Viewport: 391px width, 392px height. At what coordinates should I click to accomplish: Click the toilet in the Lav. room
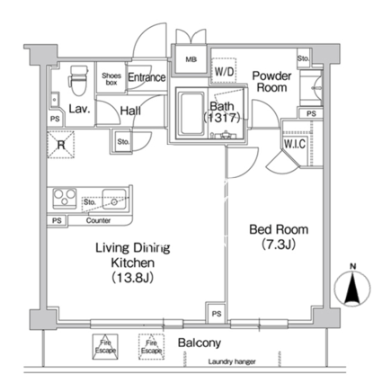coord(79,80)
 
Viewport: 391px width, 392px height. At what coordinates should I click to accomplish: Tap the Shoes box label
coord(111,79)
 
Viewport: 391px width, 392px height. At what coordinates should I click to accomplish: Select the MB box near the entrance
coord(191,59)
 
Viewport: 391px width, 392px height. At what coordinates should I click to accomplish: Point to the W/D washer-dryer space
coord(224,71)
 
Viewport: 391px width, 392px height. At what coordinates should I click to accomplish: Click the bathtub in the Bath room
coord(191,113)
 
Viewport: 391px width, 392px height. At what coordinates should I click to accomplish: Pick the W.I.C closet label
coord(295,144)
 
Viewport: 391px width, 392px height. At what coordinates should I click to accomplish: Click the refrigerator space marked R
coord(61,145)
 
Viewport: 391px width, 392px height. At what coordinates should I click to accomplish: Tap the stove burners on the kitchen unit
coord(65,198)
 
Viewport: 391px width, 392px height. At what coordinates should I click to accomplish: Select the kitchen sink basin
coord(114,199)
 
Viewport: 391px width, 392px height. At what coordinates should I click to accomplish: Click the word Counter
coord(98,220)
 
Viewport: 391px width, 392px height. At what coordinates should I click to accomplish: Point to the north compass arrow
coord(352,289)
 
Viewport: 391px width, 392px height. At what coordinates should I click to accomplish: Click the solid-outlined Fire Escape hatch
coord(105,346)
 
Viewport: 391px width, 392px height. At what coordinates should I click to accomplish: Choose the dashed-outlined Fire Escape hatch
coord(151,347)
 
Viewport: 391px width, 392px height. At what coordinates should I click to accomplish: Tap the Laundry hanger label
coord(232,362)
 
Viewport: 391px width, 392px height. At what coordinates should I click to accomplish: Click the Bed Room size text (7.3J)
coord(279,245)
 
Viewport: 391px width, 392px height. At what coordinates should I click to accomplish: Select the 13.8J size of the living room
coord(133,278)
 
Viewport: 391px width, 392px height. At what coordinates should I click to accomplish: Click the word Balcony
coord(200,343)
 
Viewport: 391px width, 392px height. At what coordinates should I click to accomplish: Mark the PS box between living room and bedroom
coord(217,314)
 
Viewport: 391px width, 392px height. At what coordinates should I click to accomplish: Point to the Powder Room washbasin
coord(312,88)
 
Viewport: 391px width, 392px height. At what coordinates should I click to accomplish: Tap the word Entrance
coord(147,77)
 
